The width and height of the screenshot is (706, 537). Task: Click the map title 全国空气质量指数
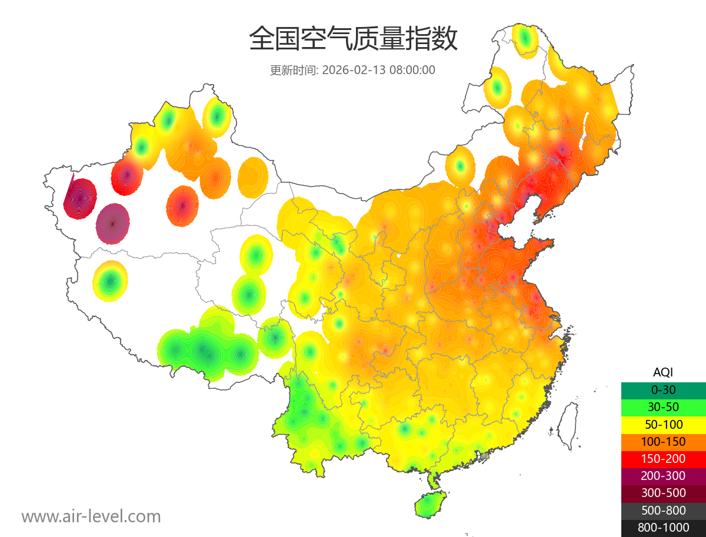pyautogui.click(x=353, y=39)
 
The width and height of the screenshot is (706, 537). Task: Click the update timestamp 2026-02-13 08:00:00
pyautogui.click(x=352, y=70)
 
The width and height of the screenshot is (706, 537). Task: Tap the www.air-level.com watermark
pyautogui.click(x=91, y=516)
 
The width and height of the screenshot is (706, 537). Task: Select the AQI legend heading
pyautogui.click(x=663, y=372)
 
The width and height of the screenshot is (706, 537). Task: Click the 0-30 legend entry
pyautogui.click(x=663, y=389)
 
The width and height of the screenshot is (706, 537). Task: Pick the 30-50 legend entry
pyautogui.click(x=663, y=406)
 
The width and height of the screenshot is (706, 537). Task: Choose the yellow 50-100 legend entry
pyautogui.click(x=663, y=424)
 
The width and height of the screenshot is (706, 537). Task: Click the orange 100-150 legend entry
pyautogui.click(x=663, y=441)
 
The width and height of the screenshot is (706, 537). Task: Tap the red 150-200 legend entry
pyautogui.click(x=663, y=458)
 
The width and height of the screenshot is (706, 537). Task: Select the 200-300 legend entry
pyautogui.click(x=663, y=475)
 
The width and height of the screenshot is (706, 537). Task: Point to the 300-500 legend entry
pyautogui.click(x=663, y=493)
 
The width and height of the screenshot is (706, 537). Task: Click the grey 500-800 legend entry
pyautogui.click(x=663, y=511)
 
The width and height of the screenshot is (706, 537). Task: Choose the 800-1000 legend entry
pyautogui.click(x=663, y=528)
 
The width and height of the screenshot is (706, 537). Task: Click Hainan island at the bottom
pyautogui.click(x=430, y=505)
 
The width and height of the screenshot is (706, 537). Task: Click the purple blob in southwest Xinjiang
pyautogui.click(x=112, y=224)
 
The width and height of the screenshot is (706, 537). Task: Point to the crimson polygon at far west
pyautogui.click(x=79, y=198)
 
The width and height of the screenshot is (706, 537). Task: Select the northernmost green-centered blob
pyautogui.click(x=525, y=39)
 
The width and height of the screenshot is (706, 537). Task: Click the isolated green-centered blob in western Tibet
pyautogui.click(x=110, y=281)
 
